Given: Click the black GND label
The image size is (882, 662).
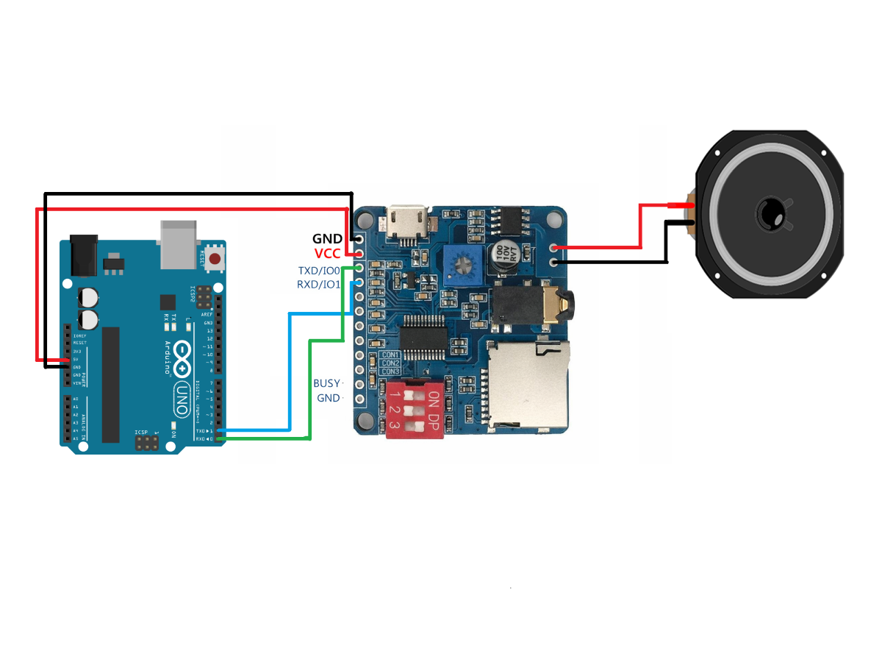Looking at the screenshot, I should (x=327, y=239).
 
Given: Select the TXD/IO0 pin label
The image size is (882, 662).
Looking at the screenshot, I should (x=319, y=271).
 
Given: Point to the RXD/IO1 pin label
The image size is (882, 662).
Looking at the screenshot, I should (x=318, y=284).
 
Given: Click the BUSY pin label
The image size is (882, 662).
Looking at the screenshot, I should (x=327, y=383).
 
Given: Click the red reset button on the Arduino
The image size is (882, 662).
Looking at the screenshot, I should (x=215, y=258).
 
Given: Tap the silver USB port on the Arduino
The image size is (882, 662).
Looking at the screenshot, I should (x=179, y=243).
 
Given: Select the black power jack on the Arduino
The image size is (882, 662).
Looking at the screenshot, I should (x=84, y=255).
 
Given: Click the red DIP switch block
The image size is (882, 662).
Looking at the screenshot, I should (x=414, y=409).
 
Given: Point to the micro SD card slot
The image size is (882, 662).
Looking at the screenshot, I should (x=528, y=386).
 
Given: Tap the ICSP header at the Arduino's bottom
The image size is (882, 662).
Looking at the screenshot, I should (x=146, y=443).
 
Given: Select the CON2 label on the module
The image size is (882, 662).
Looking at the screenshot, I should (x=390, y=363).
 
